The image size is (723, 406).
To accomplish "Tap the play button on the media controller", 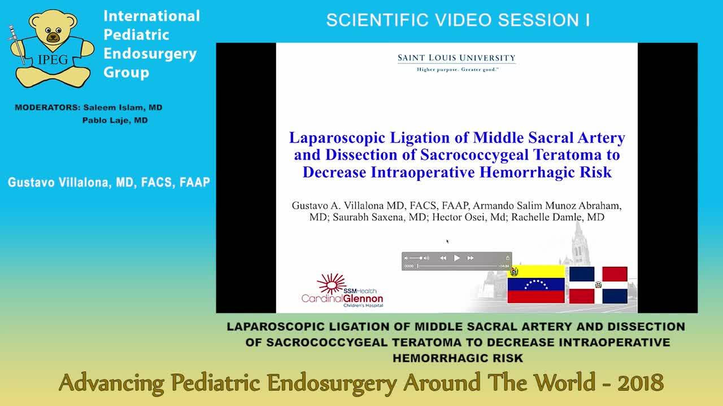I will (x=457, y=258).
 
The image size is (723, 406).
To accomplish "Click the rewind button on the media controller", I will (x=443, y=258).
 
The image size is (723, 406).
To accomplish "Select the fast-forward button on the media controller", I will (x=471, y=258).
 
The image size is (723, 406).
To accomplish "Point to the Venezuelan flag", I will (x=536, y=285).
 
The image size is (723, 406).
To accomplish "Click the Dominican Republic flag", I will (x=598, y=285).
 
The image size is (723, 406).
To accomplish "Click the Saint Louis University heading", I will (x=456, y=58).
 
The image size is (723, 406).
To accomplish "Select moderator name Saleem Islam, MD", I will (x=122, y=107).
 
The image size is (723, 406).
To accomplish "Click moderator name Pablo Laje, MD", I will (x=115, y=120).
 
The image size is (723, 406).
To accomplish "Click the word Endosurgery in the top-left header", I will (x=150, y=54).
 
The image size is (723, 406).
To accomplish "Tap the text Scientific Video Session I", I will (x=458, y=20).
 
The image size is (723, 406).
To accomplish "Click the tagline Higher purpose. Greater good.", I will (x=456, y=69).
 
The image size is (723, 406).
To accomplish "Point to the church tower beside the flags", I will (x=581, y=242).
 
